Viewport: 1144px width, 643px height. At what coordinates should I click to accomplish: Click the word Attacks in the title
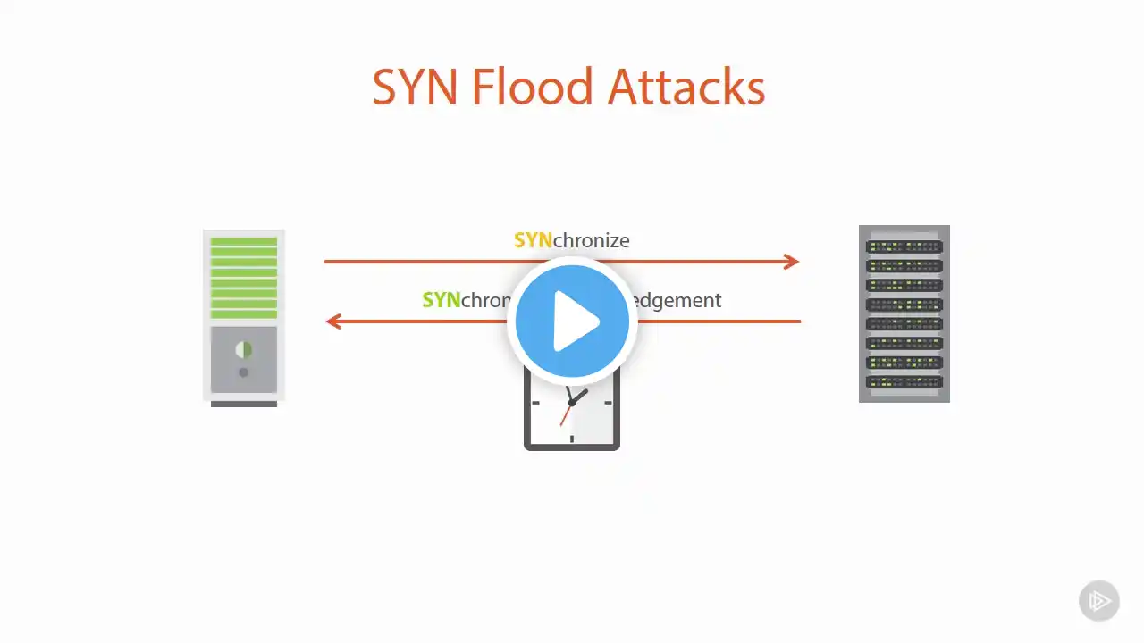[686, 88]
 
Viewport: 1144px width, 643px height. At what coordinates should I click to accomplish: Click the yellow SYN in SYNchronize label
[533, 240]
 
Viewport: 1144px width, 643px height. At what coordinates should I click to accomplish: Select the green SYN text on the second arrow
[442, 300]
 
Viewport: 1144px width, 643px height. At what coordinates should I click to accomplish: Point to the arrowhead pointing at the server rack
[790, 262]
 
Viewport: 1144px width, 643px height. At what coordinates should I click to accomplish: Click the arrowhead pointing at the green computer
[333, 321]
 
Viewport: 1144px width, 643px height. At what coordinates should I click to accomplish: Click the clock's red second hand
[566, 414]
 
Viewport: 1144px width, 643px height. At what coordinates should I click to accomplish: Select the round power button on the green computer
[243, 350]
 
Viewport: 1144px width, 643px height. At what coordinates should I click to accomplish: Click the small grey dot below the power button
[243, 372]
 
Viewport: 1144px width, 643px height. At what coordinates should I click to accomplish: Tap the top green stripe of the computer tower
[243, 241]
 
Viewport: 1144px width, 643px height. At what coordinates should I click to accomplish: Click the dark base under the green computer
[243, 404]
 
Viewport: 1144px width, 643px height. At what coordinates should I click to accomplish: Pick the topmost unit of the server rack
[904, 246]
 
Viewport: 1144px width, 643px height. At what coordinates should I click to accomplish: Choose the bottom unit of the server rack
[904, 381]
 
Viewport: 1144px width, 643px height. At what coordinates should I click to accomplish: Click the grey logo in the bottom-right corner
[1098, 600]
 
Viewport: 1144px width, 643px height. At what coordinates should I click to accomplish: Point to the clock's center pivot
[572, 403]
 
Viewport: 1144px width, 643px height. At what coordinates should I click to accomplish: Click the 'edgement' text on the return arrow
[676, 300]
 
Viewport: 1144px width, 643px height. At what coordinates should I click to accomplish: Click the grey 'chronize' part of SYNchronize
[592, 240]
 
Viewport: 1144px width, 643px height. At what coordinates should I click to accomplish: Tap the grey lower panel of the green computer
[243, 359]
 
